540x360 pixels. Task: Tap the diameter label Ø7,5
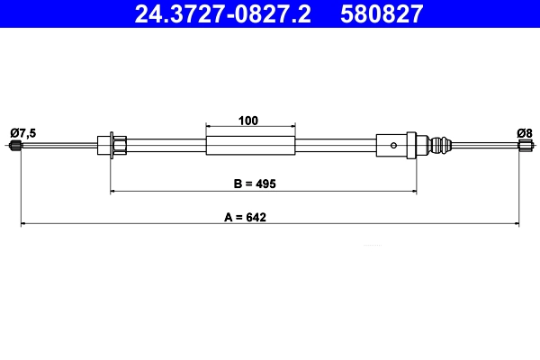(x=23, y=133)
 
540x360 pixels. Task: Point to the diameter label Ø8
(x=524, y=133)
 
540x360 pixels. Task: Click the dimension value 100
(x=250, y=119)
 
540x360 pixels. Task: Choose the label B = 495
(x=253, y=184)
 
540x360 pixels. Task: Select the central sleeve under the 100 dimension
(x=250, y=145)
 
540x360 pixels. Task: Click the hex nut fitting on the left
(x=118, y=145)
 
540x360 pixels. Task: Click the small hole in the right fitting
(x=392, y=145)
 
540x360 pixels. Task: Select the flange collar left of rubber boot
(x=412, y=145)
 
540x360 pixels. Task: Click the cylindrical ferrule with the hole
(x=389, y=145)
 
